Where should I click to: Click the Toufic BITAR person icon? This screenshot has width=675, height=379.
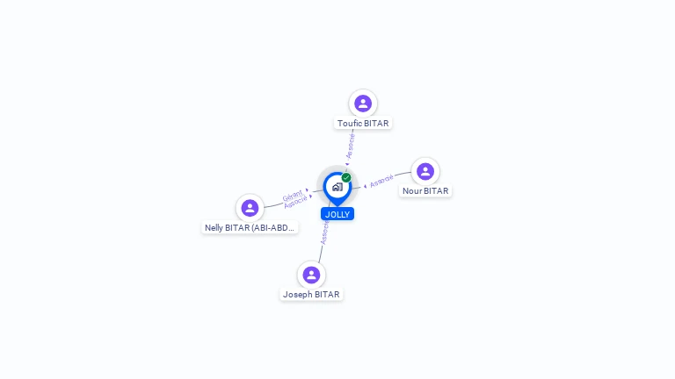363,104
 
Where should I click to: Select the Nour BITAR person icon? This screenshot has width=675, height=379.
425,171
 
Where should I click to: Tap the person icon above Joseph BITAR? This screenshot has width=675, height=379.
311,275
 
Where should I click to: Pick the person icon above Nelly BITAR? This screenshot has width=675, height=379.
250,208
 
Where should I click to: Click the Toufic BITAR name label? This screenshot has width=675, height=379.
363,124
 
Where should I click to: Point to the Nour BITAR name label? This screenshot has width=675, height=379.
425,191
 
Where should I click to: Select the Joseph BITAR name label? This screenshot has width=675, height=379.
311,295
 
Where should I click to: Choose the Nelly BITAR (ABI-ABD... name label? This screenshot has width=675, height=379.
250,228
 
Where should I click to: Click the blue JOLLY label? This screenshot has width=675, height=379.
337,214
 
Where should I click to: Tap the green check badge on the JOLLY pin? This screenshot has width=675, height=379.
346,177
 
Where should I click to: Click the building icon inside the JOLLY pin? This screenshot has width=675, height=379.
337,186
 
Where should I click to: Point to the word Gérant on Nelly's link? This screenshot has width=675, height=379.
293,195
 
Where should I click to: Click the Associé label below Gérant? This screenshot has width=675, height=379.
295,202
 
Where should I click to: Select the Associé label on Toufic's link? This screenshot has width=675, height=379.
351,145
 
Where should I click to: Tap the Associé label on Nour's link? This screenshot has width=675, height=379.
381,182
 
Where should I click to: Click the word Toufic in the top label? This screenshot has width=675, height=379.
350,124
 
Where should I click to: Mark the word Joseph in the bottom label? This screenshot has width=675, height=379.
297,295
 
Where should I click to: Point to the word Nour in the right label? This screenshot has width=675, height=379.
412,191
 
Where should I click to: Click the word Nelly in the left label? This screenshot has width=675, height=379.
214,228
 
